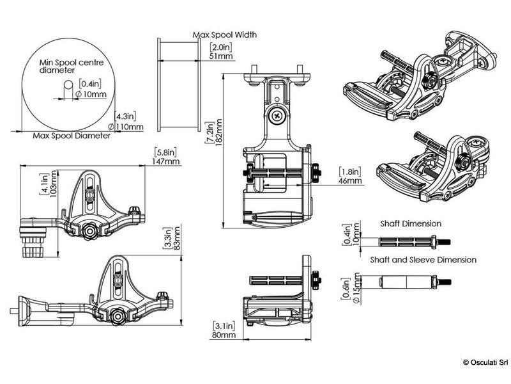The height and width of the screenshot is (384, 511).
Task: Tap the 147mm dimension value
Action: (167, 162)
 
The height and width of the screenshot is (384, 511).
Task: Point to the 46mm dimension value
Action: (350, 181)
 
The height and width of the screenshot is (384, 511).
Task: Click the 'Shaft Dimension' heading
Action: (411, 224)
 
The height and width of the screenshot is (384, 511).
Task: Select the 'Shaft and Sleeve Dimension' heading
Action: (423, 260)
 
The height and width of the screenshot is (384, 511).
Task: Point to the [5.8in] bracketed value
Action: (167, 153)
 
